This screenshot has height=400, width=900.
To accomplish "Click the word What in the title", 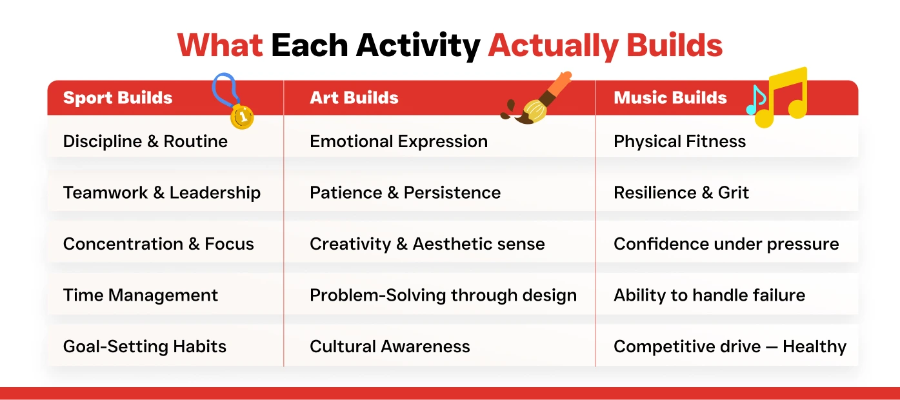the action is pyautogui.click(x=220, y=45).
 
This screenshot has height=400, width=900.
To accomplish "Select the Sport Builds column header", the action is pyautogui.click(x=117, y=97).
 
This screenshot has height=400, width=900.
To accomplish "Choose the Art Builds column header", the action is pyautogui.click(x=354, y=97).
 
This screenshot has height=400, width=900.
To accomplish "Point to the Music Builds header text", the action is pyautogui.click(x=670, y=97).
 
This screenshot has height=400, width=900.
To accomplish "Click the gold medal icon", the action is pyautogui.click(x=242, y=117).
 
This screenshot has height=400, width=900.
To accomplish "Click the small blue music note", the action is pyautogui.click(x=755, y=100).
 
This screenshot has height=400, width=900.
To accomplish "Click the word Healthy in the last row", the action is pyautogui.click(x=814, y=346).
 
